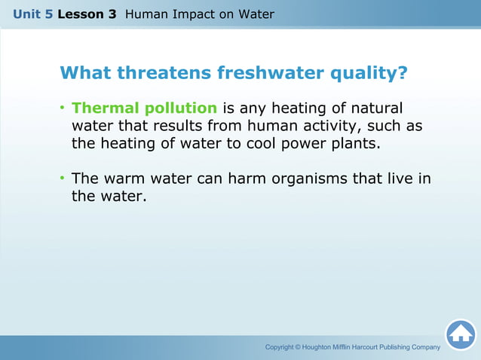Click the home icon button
(460, 334)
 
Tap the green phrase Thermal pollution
(144, 108)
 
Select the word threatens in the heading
(161, 73)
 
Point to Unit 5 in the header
(32, 14)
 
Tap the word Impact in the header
(192, 14)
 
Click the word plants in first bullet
(352, 142)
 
